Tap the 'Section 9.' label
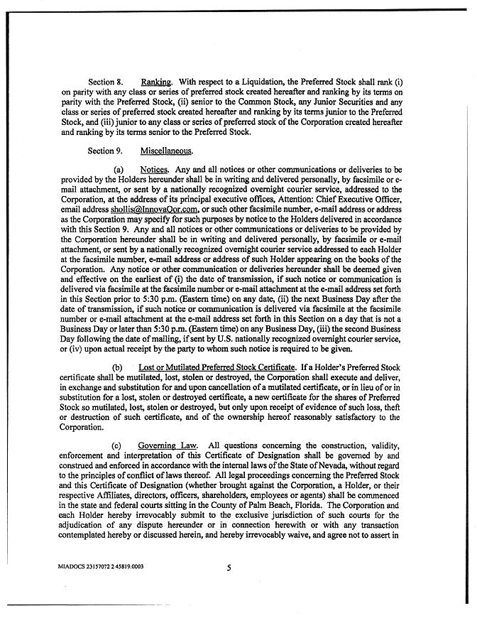click(105, 151)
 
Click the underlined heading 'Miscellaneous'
click(168, 151)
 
